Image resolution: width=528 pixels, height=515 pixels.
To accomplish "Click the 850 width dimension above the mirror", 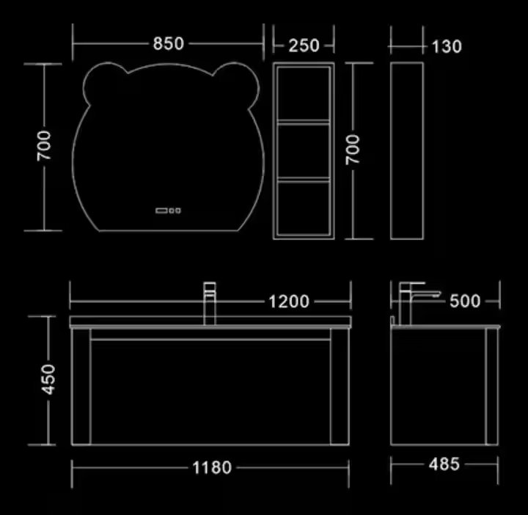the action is [x=169, y=43].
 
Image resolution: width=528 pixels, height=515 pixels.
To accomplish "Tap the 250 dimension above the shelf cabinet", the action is [x=304, y=45].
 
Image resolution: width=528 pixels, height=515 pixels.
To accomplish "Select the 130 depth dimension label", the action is [x=447, y=46].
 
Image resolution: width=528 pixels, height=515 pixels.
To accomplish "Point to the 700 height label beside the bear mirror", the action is [x=44, y=146].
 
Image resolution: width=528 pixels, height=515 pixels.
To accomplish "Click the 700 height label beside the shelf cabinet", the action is [x=353, y=150].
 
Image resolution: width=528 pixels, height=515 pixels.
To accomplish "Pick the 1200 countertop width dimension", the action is [x=289, y=302].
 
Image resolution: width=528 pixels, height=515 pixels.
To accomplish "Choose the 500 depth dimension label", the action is [x=465, y=301].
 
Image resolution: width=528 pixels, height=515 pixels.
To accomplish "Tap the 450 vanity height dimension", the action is [x=48, y=379].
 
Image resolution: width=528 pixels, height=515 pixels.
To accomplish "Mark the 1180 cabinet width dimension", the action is [x=212, y=467].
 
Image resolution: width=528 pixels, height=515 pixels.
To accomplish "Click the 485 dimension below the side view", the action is [x=444, y=464].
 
